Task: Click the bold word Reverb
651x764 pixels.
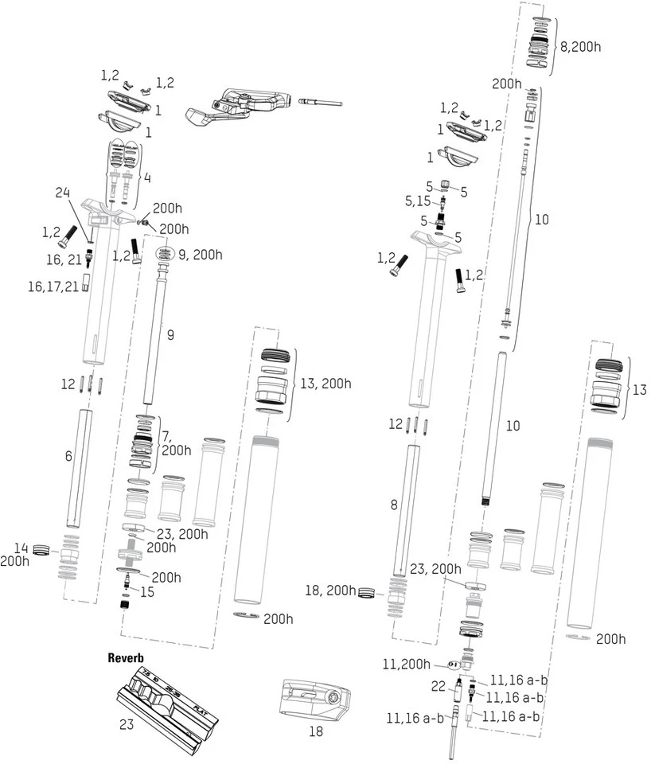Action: [126, 659]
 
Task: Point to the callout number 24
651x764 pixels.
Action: [63, 193]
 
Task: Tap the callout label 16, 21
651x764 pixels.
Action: [62, 259]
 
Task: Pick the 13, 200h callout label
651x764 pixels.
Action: [325, 383]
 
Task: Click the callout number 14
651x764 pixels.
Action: [21, 548]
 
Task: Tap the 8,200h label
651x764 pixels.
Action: [580, 47]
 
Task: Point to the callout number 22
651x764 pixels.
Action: [437, 686]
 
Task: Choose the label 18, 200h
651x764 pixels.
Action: [331, 590]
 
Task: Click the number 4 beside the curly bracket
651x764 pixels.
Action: [147, 177]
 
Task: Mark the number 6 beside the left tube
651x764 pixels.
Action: [68, 456]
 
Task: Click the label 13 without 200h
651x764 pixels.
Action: [641, 390]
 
